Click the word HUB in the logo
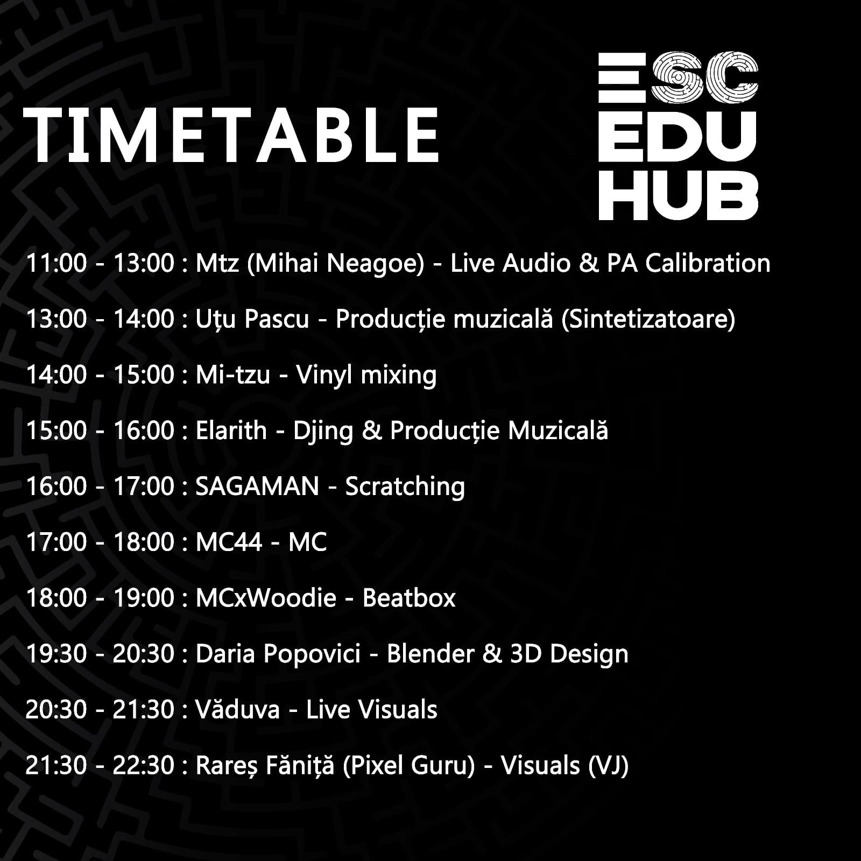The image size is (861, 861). (x=678, y=195)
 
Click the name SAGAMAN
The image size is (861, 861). (x=257, y=486)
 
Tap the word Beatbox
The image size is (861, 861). (x=409, y=598)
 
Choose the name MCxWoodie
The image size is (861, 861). (x=266, y=598)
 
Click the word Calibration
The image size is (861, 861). (x=708, y=263)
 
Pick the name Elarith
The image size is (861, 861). (x=231, y=430)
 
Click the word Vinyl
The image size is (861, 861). (x=324, y=376)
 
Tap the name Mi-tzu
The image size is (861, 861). (x=233, y=375)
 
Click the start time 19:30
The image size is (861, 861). (x=56, y=654)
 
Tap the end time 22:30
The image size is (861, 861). (x=143, y=765)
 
